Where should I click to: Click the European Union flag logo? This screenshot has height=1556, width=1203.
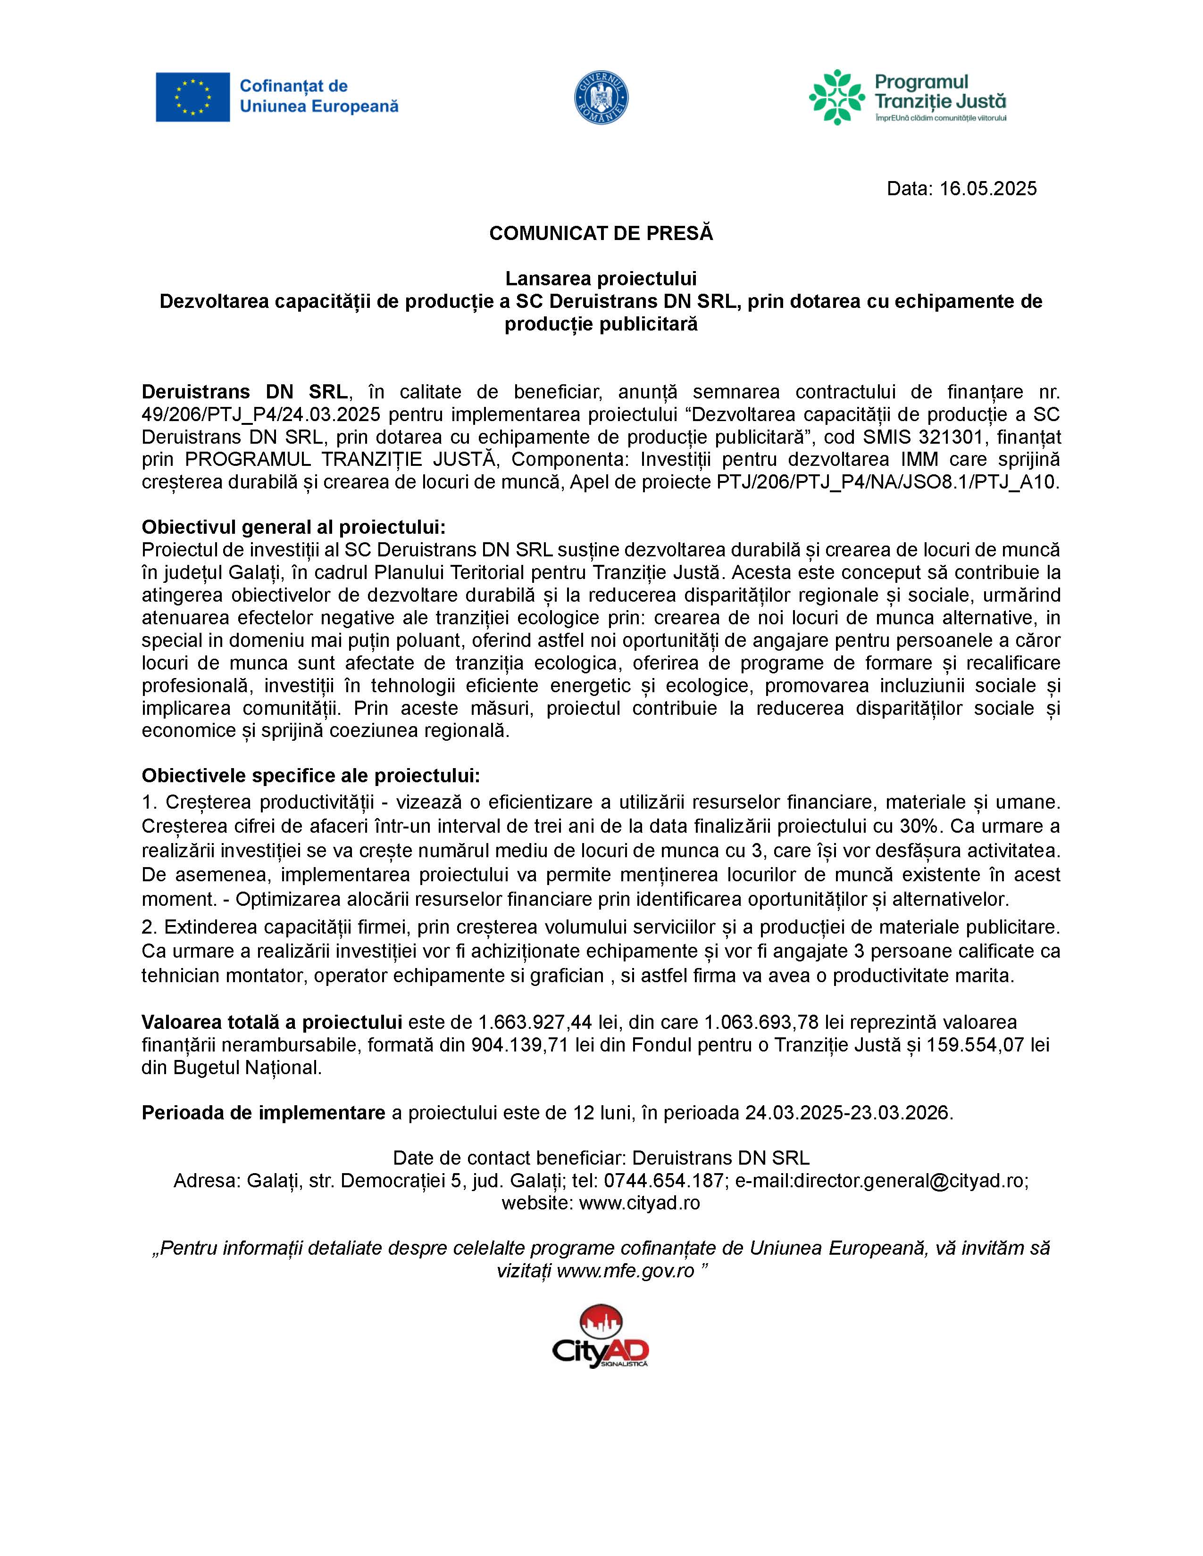pos(192,97)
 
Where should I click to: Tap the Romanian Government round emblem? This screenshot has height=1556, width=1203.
pos(601,99)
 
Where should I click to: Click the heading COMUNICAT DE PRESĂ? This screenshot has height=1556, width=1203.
pos(601,234)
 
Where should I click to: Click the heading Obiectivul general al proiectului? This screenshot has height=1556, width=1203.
pos(293,527)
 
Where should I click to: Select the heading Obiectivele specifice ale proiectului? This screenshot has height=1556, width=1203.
pos(311,775)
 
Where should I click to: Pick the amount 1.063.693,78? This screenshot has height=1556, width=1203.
pos(762,1022)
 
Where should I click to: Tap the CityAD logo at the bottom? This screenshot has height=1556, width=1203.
pos(601,1338)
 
